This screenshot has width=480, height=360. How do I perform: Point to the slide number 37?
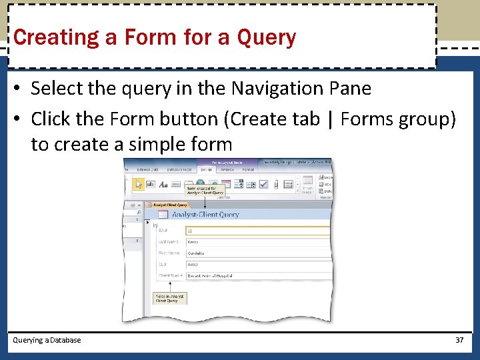(459, 340)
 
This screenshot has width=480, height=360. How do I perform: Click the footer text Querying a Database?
(47, 340)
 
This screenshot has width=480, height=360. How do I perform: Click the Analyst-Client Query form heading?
(205, 215)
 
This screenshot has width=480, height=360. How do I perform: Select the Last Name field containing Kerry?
(257, 242)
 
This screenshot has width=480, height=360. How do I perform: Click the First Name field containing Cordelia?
(257, 253)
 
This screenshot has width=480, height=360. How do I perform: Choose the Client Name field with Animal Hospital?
(257, 275)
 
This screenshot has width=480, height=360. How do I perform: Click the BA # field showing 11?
(257, 231)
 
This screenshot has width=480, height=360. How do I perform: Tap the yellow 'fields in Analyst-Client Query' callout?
(170, 298)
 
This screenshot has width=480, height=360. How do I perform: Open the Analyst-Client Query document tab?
(169, 205)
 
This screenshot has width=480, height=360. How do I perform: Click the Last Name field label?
(169, 242)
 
